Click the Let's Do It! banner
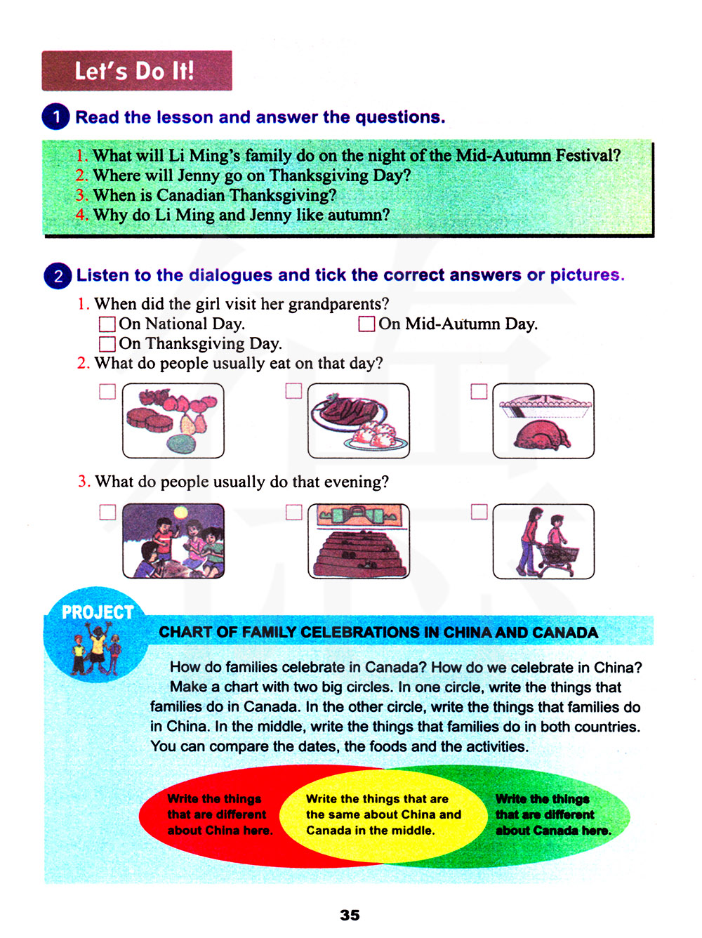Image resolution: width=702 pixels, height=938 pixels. coord(137,70)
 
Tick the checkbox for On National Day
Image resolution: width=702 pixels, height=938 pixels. coord(107,324)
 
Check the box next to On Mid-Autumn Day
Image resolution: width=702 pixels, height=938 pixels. coord(366,324)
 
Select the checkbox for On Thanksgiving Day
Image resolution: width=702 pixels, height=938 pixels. coord(107,343)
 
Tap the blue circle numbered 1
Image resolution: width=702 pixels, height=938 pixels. coord(55,117)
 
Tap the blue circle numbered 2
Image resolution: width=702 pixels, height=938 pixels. coord(58,276)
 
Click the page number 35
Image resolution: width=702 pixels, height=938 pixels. coord(350,915)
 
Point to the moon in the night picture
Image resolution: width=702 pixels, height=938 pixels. coord(180,512)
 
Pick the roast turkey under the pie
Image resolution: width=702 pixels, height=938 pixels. coord(542,435)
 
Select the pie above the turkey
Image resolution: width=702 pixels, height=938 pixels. coord(545,405)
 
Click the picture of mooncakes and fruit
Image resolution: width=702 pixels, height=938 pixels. coord(173,421)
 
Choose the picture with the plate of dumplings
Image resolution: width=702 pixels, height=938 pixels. coord(359,421)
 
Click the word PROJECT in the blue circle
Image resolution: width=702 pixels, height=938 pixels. coord(98,612)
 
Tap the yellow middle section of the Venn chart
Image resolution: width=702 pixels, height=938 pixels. coord(383,815)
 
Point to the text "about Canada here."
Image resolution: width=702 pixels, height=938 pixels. coord(553,831)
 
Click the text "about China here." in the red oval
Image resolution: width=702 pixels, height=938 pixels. coord(220,831)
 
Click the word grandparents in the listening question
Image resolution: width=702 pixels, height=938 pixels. coord(338,304)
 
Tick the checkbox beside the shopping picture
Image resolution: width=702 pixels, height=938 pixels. coord(479,512)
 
